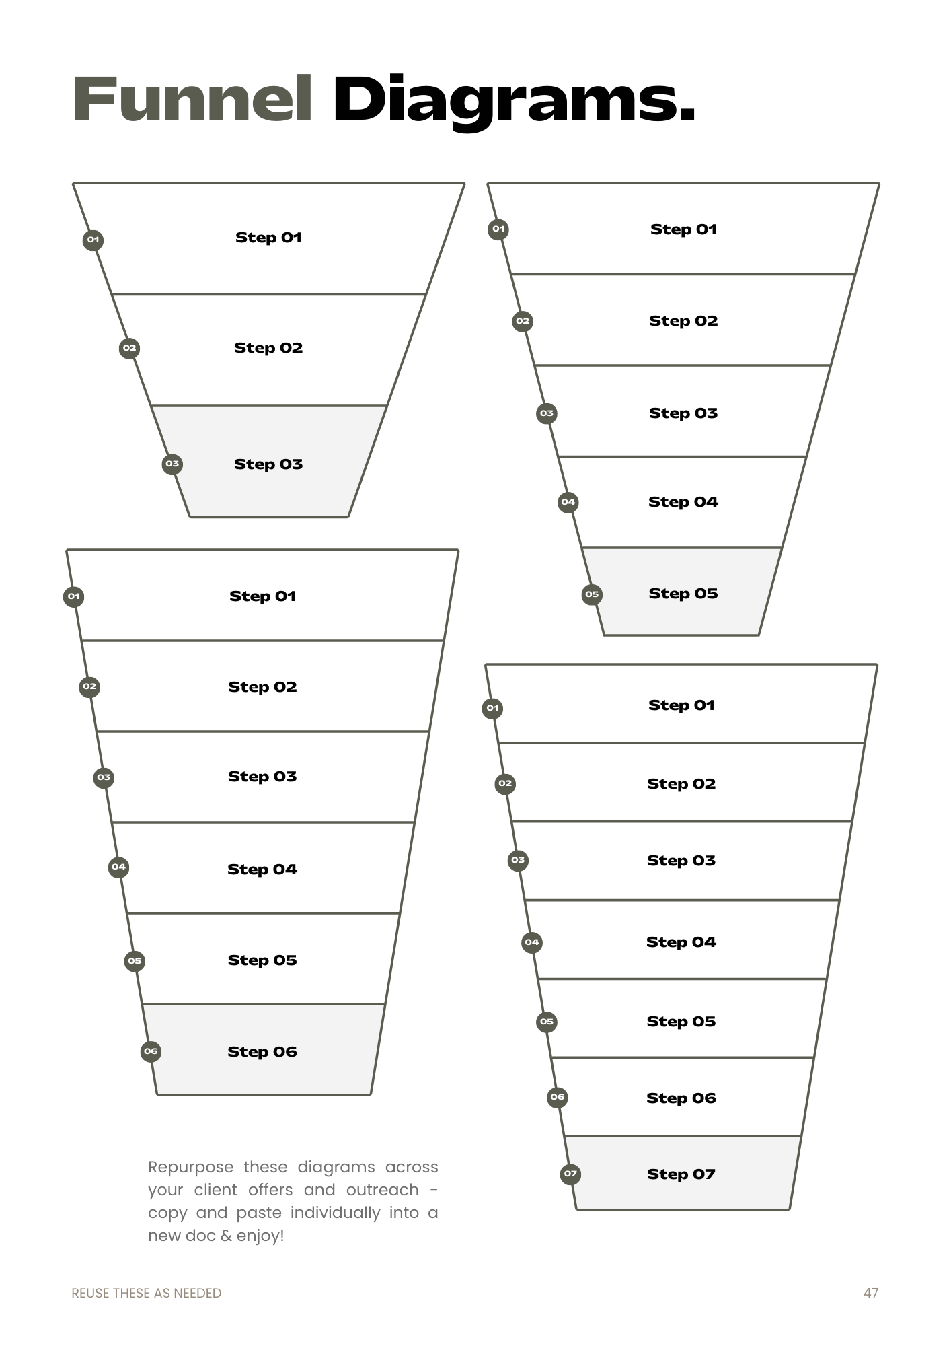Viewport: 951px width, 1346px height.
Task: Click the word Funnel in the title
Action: (x=192, y=100)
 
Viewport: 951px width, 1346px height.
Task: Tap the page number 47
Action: (x=870, y=1293)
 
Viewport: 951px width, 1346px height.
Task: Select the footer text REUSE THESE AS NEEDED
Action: (x=146, y=1293)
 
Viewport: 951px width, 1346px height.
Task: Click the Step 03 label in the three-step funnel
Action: (x=268, y=464)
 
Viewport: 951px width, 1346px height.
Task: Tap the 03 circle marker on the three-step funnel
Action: (x=172, y=464)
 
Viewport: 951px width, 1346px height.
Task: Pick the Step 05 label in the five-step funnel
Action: (x=683, y=593)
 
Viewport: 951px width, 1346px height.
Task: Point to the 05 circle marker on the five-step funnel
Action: (x=591, y=594)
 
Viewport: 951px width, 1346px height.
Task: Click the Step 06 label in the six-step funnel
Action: (x=262, y=1051)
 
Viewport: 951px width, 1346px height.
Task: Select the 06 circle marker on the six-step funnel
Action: (x=151, y=1051)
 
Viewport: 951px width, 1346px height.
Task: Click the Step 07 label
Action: (x=681, y=1174)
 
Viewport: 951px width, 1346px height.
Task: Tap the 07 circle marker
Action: (x=570, y=1174)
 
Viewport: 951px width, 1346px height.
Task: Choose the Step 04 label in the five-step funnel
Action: (x=683, y=501)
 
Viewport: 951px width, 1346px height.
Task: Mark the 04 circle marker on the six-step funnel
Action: (x=118, y=867)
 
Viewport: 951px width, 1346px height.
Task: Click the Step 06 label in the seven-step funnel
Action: (x=681, y=1098)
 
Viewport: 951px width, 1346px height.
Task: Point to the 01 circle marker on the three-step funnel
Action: (x=93, y=240)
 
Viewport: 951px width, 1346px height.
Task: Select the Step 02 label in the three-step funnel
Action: (x=268, y=347)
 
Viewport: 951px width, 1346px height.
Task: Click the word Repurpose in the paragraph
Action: (x=191, y=1168)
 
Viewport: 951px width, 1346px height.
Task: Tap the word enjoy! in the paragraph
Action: (x=260, y=1236)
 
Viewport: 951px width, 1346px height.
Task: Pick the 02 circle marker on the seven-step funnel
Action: (x=505, y=783)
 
